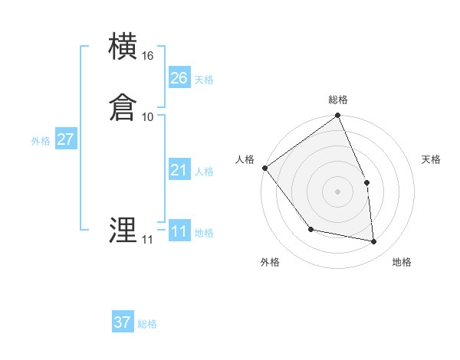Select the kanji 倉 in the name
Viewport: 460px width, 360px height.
pos(123,107)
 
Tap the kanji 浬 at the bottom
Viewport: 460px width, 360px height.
pos(123,231)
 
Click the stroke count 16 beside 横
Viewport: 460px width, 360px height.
pos(148,56)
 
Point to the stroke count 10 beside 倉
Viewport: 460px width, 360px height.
pos(148,117)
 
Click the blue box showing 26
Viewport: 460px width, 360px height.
pos(179,78)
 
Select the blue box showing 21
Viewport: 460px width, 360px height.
pos(179,170)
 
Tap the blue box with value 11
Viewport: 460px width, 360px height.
pos(179,231)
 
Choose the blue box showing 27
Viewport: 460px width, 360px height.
pos(65,139)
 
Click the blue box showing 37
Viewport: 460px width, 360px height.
pos(122,322)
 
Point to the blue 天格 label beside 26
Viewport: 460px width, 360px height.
pos(204,80)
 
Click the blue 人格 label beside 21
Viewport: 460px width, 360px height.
pos(204,172)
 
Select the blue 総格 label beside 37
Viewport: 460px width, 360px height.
pos(147,324)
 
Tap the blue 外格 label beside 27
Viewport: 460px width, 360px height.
pos(41,141)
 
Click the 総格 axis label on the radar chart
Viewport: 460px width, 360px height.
pos(338,100)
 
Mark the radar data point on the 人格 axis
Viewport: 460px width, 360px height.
pos(264,168)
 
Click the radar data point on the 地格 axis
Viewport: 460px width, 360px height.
pos(374,241)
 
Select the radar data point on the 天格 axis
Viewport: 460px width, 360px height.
pos(366,182)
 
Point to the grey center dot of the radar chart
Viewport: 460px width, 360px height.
pos(338,191)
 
